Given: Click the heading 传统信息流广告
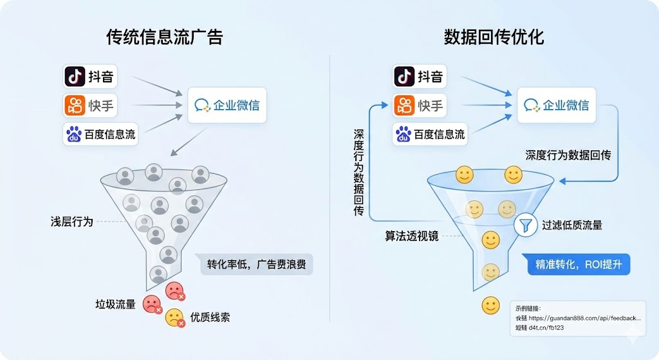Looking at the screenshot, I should (164, 37).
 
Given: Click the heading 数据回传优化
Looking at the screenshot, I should (494, 37).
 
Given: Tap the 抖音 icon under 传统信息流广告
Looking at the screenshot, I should (75, 77).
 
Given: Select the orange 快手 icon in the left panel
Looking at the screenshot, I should (75, 105).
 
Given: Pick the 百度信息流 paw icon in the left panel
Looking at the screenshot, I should (74, 134).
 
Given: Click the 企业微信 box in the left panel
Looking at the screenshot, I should (227, 105).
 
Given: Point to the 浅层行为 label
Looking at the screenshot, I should (72, 222).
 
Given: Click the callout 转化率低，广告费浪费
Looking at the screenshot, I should (256, 265).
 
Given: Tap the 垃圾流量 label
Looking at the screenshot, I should (116, 304).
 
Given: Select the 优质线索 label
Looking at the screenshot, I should (210, 317).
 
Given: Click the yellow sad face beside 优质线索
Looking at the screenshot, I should (174, 317).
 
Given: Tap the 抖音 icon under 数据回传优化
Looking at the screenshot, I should (404, 77).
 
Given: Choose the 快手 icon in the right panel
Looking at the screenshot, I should (404, 105).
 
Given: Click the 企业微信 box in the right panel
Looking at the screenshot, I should (557, 105).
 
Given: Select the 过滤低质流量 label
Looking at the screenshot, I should (572, 225).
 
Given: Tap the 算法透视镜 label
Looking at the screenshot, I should (412, 236).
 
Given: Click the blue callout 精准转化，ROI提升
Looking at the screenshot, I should (579, 265).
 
